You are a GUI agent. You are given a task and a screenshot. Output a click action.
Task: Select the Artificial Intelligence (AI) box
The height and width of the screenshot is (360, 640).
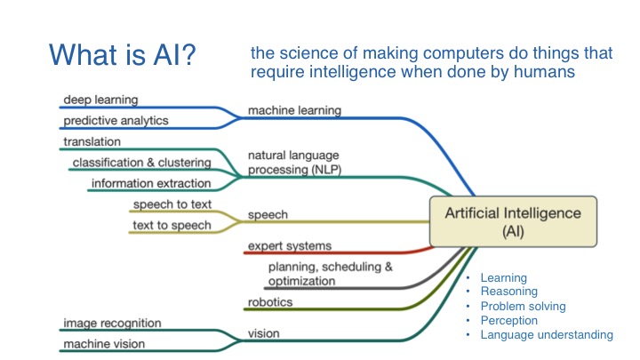point(506,221)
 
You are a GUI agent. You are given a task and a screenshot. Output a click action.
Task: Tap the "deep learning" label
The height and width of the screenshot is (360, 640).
point(100,100)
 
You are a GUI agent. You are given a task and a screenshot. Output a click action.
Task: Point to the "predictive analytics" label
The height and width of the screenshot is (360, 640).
point(116,120)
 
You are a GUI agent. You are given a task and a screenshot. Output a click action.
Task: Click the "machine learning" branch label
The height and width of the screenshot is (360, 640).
point(294,111)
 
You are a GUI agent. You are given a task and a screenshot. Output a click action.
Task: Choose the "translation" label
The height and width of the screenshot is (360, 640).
point(92,141)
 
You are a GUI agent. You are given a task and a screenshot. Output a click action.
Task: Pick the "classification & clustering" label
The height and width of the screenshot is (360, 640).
point(141,163)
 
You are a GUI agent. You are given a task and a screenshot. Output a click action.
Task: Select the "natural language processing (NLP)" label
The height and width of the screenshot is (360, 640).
point(294,162)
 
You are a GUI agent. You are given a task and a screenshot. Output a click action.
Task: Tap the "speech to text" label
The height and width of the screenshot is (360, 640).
point(172,205)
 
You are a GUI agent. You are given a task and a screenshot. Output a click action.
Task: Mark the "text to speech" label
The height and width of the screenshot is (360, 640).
point(172,225)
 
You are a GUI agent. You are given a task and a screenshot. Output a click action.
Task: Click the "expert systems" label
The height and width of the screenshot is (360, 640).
point(290,245)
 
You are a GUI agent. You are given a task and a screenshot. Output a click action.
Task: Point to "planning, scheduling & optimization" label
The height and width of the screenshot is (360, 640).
point(329,274)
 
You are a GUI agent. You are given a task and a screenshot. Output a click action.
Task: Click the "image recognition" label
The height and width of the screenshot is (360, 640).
point(112,323)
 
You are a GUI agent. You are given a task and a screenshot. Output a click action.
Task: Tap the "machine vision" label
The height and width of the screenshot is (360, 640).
point(104,344)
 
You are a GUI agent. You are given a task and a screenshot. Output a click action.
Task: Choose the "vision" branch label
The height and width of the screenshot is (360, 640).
point(265,334)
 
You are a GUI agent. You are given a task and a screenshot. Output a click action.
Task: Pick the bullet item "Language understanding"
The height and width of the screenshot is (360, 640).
point(547,335)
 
